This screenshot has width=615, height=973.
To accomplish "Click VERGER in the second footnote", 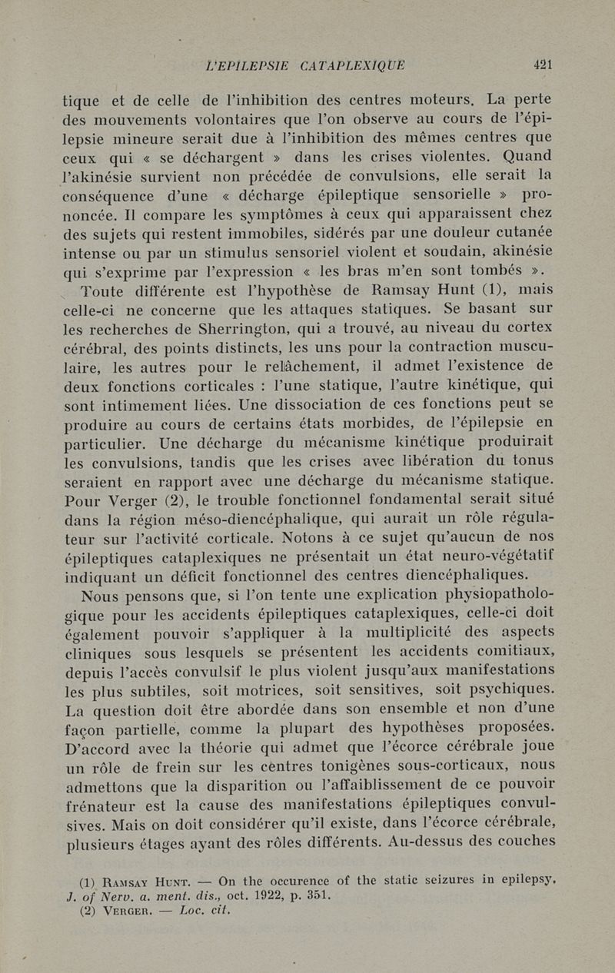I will pyautogui.click(x=138, y=911).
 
